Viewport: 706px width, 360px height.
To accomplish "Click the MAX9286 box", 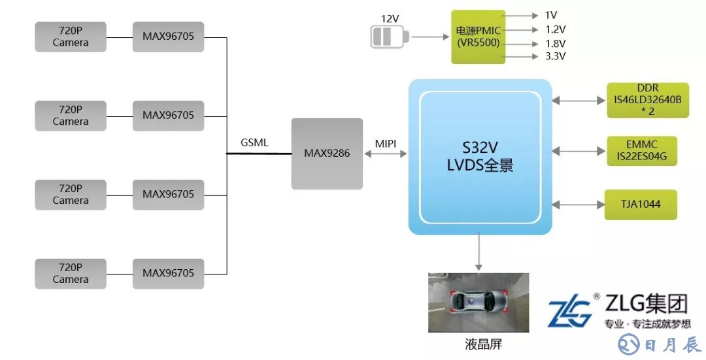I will (327, 154).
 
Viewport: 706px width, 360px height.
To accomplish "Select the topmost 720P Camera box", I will (71, 37).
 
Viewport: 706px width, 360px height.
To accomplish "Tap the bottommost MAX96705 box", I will (168, 274).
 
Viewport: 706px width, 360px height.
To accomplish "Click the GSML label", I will (254, 142).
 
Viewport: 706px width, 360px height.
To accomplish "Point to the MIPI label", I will (386, 142).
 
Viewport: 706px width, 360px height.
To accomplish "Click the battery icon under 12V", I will (388, 37).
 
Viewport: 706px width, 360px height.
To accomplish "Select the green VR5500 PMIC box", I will (479, 37).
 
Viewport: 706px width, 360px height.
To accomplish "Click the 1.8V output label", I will (555, 43).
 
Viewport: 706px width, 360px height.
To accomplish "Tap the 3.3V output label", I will (555, 56).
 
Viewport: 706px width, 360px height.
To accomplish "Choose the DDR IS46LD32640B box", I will (647, 100).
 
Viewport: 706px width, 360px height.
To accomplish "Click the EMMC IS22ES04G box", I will (641, 151).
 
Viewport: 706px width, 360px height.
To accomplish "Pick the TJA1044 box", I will (641, 205).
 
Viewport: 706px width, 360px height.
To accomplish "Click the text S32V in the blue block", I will (480, 148).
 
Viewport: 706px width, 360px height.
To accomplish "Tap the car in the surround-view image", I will (478, 303).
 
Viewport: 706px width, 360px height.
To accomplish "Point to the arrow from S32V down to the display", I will (479, 252).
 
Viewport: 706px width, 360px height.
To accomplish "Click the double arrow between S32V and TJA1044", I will (579, 205).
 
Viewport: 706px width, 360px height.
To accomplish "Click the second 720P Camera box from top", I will (71, 116).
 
